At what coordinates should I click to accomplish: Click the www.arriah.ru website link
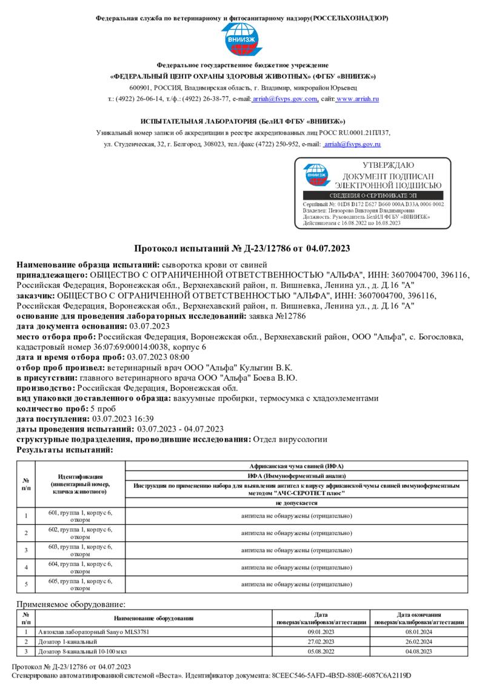click(x=357, y=98)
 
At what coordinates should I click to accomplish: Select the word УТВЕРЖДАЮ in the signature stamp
click(x=388, y=165)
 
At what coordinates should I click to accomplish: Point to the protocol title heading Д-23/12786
click(x=242, y=248)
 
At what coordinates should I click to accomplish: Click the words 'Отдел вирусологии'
click(x=289, y=439)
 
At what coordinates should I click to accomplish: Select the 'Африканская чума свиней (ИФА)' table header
click(x=296, y=466)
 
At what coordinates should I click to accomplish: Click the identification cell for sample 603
click(x=80, y=550)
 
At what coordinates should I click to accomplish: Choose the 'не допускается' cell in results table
click(x=296, y=504)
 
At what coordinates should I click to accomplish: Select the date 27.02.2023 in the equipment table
click(x=321, y=641)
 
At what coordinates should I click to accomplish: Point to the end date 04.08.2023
click(x=419, y=651)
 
